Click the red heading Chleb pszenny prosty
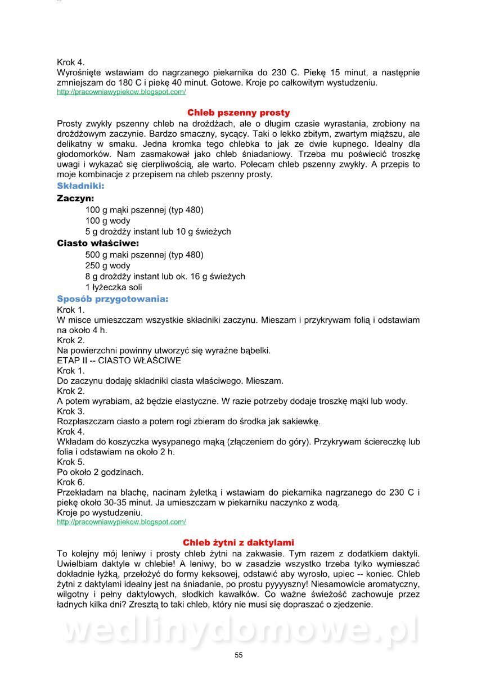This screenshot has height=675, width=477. (x=238, y=112)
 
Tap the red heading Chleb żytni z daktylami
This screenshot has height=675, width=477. (x=238, y=542)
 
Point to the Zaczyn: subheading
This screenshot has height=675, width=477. (x=75, y=198)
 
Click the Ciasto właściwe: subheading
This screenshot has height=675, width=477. (x=98, y=243)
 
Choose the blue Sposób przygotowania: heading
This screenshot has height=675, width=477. (x=112, y=299)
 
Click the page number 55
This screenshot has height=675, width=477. (x=238, y=655)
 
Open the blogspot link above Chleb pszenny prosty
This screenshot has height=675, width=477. (x=121, y=92)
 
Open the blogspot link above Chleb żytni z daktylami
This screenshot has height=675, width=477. (x=121, y=522)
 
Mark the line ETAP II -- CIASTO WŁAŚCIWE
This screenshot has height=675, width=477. (x=119, y=361)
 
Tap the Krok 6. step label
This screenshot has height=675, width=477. (x=71, y=482)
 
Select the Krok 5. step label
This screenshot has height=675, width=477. (x=71, y=462)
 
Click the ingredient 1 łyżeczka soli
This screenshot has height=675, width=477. (x=114, y=287)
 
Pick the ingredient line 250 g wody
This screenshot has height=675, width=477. (x=108, y=265)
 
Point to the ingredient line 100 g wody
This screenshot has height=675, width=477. (x=108, y=220)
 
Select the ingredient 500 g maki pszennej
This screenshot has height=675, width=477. (x=144, y=255)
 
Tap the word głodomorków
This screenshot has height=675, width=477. (x=84, y=154)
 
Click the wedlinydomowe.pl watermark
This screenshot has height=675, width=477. (x=238, y=630)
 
